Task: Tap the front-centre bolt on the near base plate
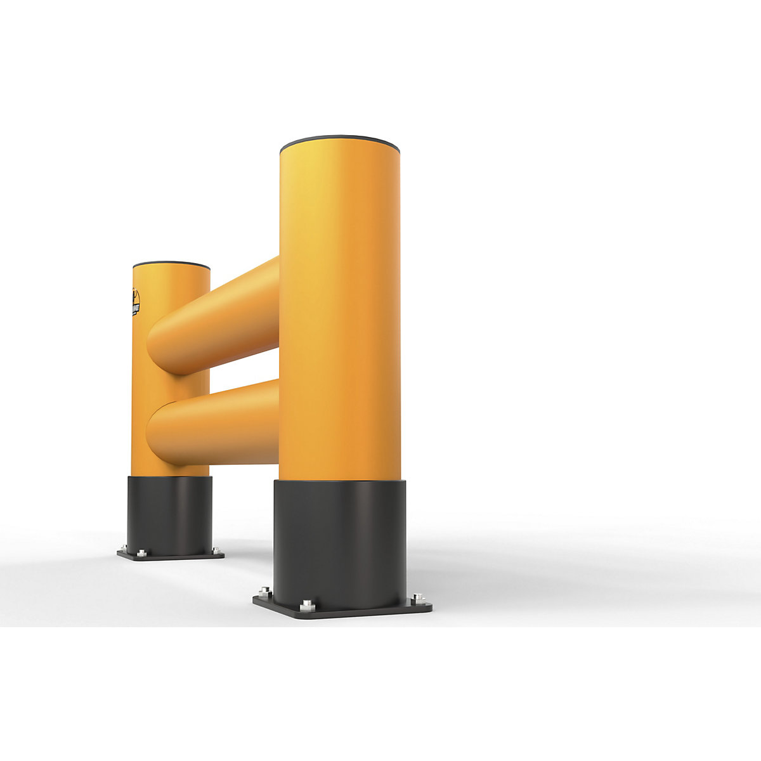(307, 604)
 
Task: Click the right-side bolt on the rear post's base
(216, 549)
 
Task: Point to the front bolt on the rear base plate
(141, 553)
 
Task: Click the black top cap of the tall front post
(340, 141)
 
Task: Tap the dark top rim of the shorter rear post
(171, 264)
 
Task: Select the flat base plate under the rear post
(171, 556)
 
